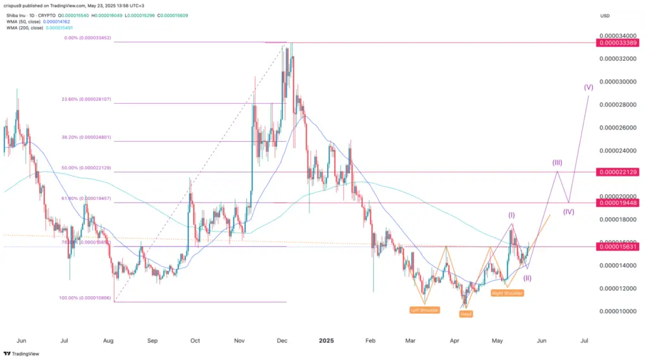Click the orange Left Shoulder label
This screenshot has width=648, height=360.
coord(423,310)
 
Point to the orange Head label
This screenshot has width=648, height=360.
coord(466,314)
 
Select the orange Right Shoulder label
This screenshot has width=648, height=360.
coord(507,293)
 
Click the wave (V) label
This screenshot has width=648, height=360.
coord(589,88)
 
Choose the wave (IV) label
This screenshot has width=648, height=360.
coord(568,211)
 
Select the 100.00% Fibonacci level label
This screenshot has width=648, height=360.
coord(88,297)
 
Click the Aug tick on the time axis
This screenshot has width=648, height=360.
coord(108,340)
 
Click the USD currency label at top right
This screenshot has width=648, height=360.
coord(606,15)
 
